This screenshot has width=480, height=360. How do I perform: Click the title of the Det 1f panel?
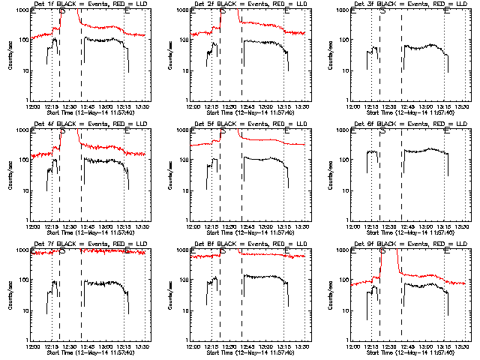[89, 4]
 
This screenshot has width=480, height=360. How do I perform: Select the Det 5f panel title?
[250, 124]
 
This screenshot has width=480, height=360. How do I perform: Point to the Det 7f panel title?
[89, 244]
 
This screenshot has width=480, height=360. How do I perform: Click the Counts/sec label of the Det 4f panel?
[10, 175]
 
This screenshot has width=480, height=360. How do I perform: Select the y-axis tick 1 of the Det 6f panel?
[347, 220]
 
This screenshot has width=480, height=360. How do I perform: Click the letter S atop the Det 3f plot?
[383, 12]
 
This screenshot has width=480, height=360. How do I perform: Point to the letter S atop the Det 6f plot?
[383, 132]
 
